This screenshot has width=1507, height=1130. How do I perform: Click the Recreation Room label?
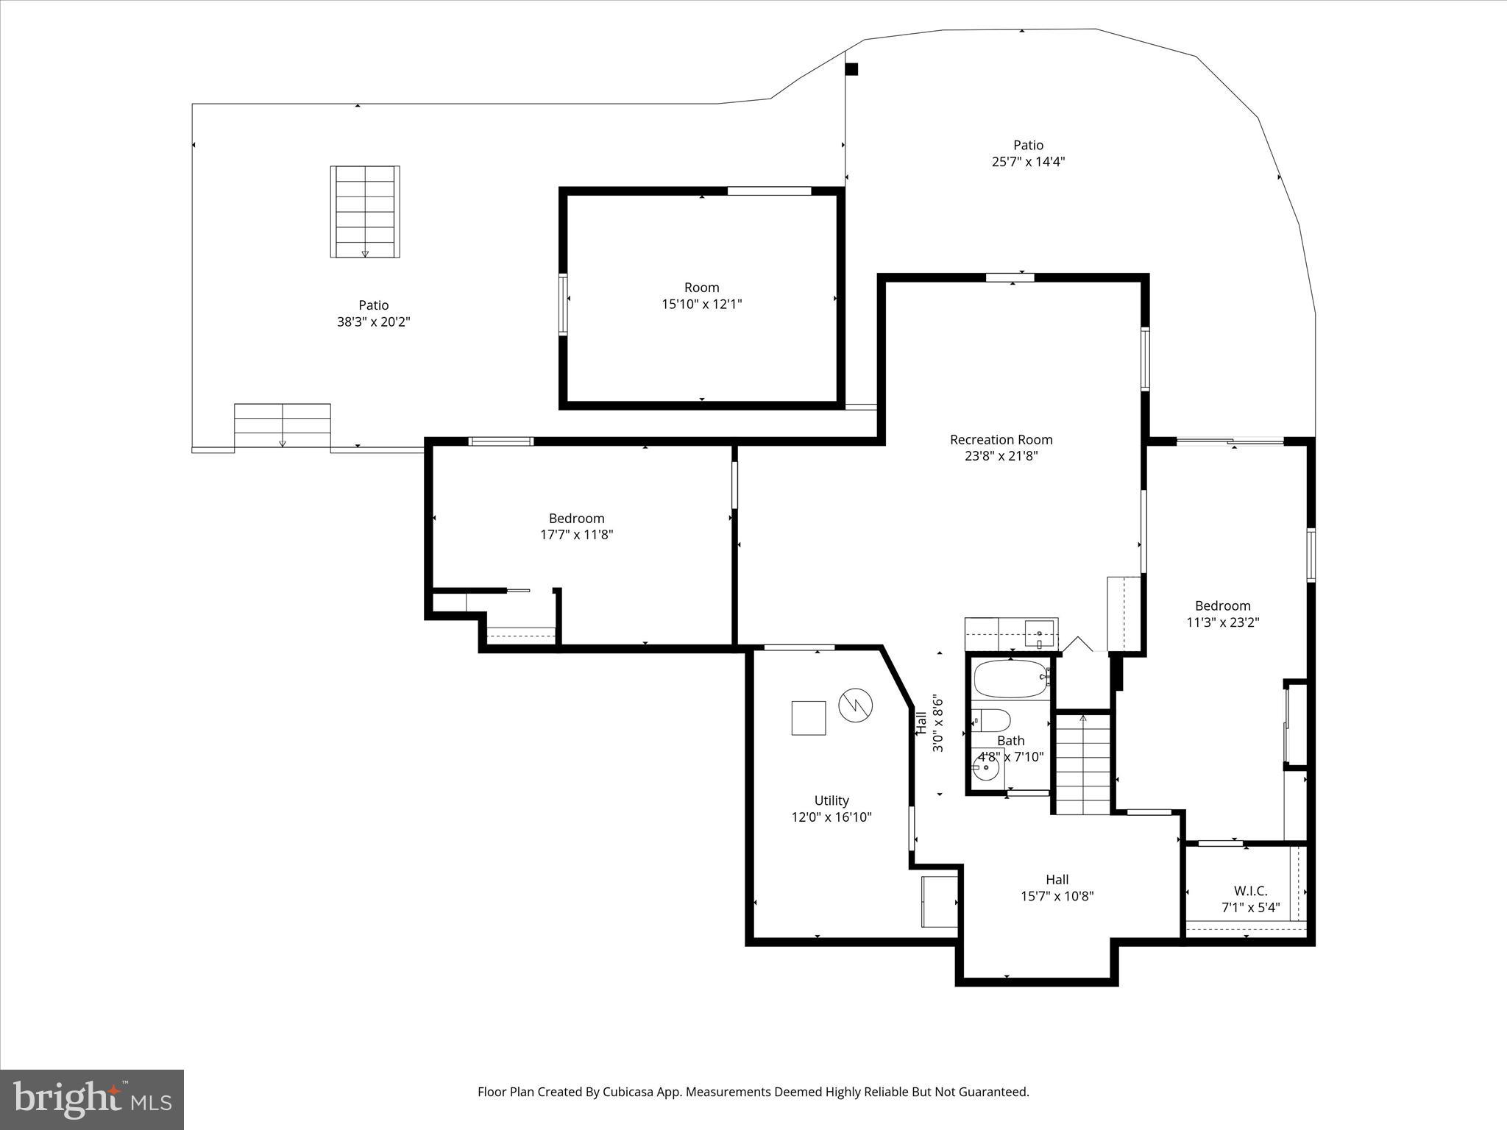click(1001, 439)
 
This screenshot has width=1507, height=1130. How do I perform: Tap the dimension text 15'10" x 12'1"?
click(701, 304)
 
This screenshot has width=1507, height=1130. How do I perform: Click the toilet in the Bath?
click(992, 719)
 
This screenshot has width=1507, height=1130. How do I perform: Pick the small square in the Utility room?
click(808, 718)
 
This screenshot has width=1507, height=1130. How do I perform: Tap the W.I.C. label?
click(1250, 891)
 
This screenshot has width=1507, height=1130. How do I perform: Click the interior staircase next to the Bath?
click(1082, 764)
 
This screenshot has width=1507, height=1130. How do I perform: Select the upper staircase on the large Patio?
click(365, 212)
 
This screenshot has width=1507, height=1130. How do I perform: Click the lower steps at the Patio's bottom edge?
click(283, 427)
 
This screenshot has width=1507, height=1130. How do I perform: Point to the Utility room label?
click(831, 800)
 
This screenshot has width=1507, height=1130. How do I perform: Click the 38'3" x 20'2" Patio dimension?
click(373, 321)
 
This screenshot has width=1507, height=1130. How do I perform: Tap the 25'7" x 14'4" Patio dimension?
click(1028, 162)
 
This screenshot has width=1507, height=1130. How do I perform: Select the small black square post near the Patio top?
click(851, 69)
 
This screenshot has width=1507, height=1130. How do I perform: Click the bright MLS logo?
click(92, 1099)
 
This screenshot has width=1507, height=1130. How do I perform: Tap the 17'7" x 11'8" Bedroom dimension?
click(576, 535)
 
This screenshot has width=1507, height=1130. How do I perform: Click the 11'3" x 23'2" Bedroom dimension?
click(1222, 622)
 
